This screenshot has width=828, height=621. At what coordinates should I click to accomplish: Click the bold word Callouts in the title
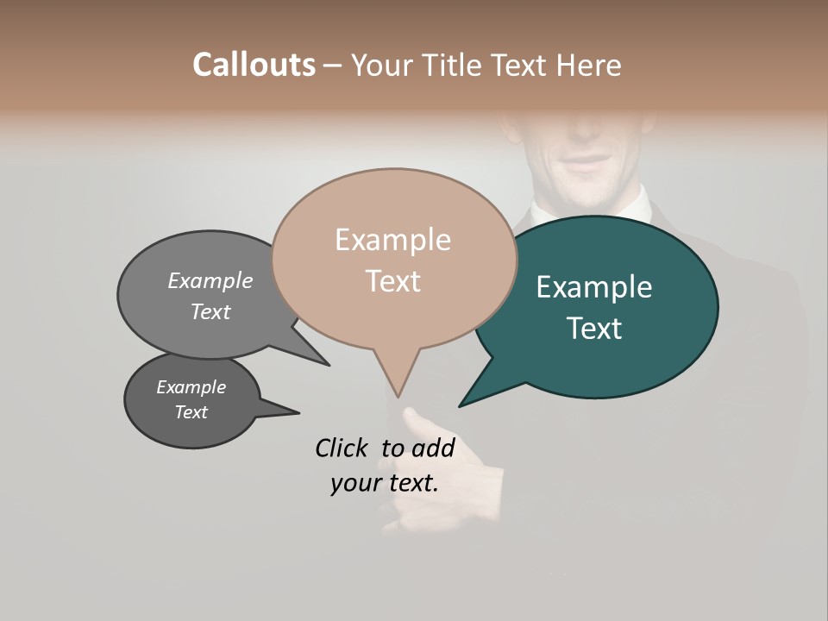click(x=254, y=65)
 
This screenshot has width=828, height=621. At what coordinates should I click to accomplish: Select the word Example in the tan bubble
click(x=392, y=240)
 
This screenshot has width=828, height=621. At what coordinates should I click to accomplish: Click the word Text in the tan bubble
click(x=392, y=281)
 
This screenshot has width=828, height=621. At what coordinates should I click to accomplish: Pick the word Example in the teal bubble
click(x=594, y=287)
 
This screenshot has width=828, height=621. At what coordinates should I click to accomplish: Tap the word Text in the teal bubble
click(x=594, y=329)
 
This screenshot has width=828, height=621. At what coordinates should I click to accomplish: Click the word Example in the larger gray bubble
click(x=210, y=280)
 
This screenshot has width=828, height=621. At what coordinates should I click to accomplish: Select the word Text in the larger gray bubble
click(x=210, y=311)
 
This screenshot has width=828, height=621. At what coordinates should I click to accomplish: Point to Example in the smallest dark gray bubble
click(x=191, y=387)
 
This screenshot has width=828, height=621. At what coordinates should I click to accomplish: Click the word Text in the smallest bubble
click(x=191, y=412)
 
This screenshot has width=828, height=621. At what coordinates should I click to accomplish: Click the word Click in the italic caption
click(x=342, y=448)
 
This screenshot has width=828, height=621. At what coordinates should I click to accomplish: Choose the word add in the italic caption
click(x=434, y=448)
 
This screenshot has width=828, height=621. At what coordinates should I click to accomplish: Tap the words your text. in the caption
click(x=385, y=483)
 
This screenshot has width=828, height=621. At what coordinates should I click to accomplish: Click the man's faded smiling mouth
click(x=586, y=164)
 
